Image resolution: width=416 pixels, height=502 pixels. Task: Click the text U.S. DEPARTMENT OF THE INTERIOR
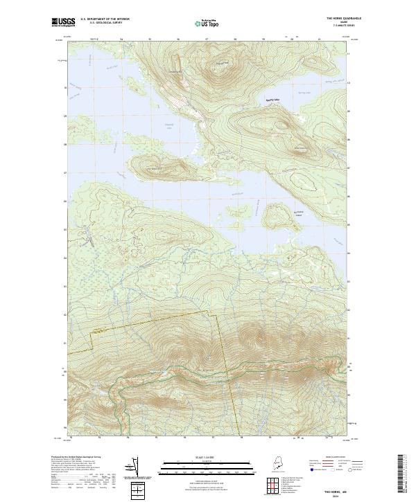(x=105, y=19)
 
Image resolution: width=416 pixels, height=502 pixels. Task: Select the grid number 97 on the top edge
(x=206, y=39)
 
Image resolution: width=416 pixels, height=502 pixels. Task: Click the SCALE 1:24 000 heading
(x=207, y=458)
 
